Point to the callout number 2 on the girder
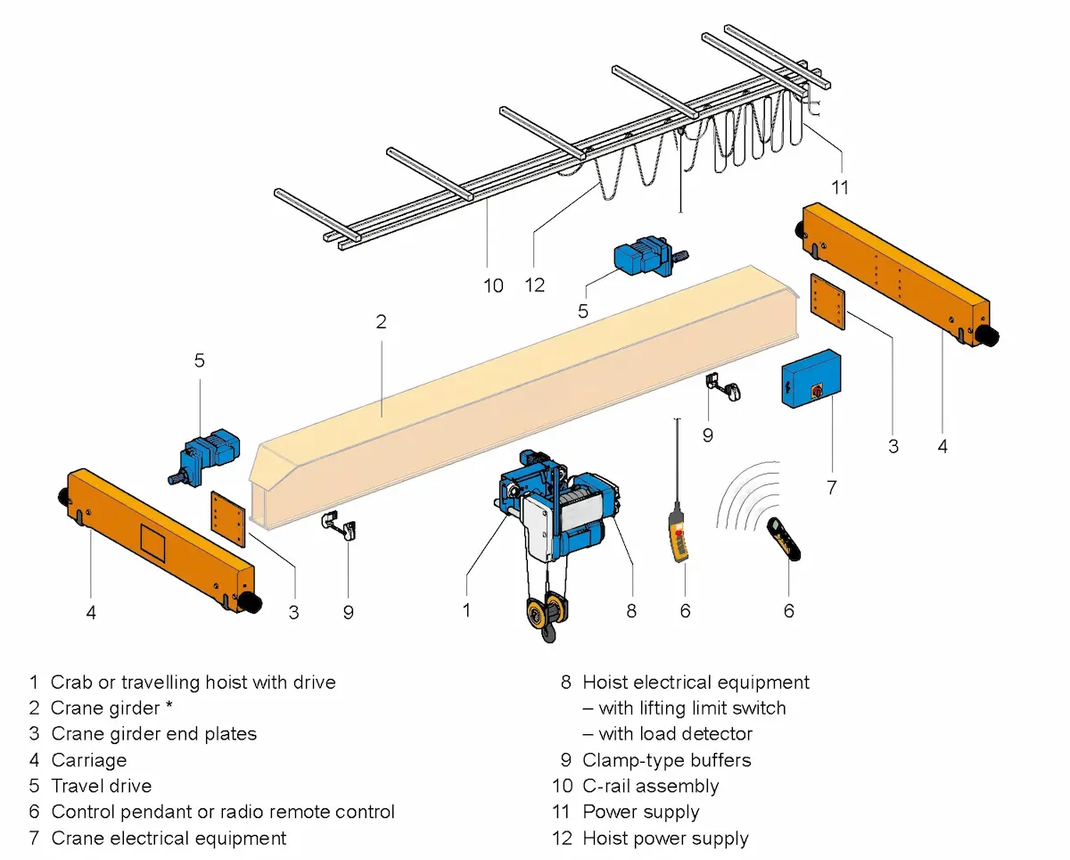click(x=381, y=322)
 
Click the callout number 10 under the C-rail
click(x=493, y=285)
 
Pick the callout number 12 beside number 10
click(x=535, y=285)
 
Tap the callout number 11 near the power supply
click(x=839, y=187)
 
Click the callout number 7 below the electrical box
click(x=831, y=487)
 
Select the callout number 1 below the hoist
click(x=466, y=610)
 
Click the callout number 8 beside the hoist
click(x=631, y=610)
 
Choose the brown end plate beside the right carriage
click(x=827, y=302)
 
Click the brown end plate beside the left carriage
click(x=228, y=517)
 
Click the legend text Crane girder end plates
click(x=153, y=734)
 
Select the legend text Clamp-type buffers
click(x=666, y=760)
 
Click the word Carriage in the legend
click(x=89, y=760)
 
